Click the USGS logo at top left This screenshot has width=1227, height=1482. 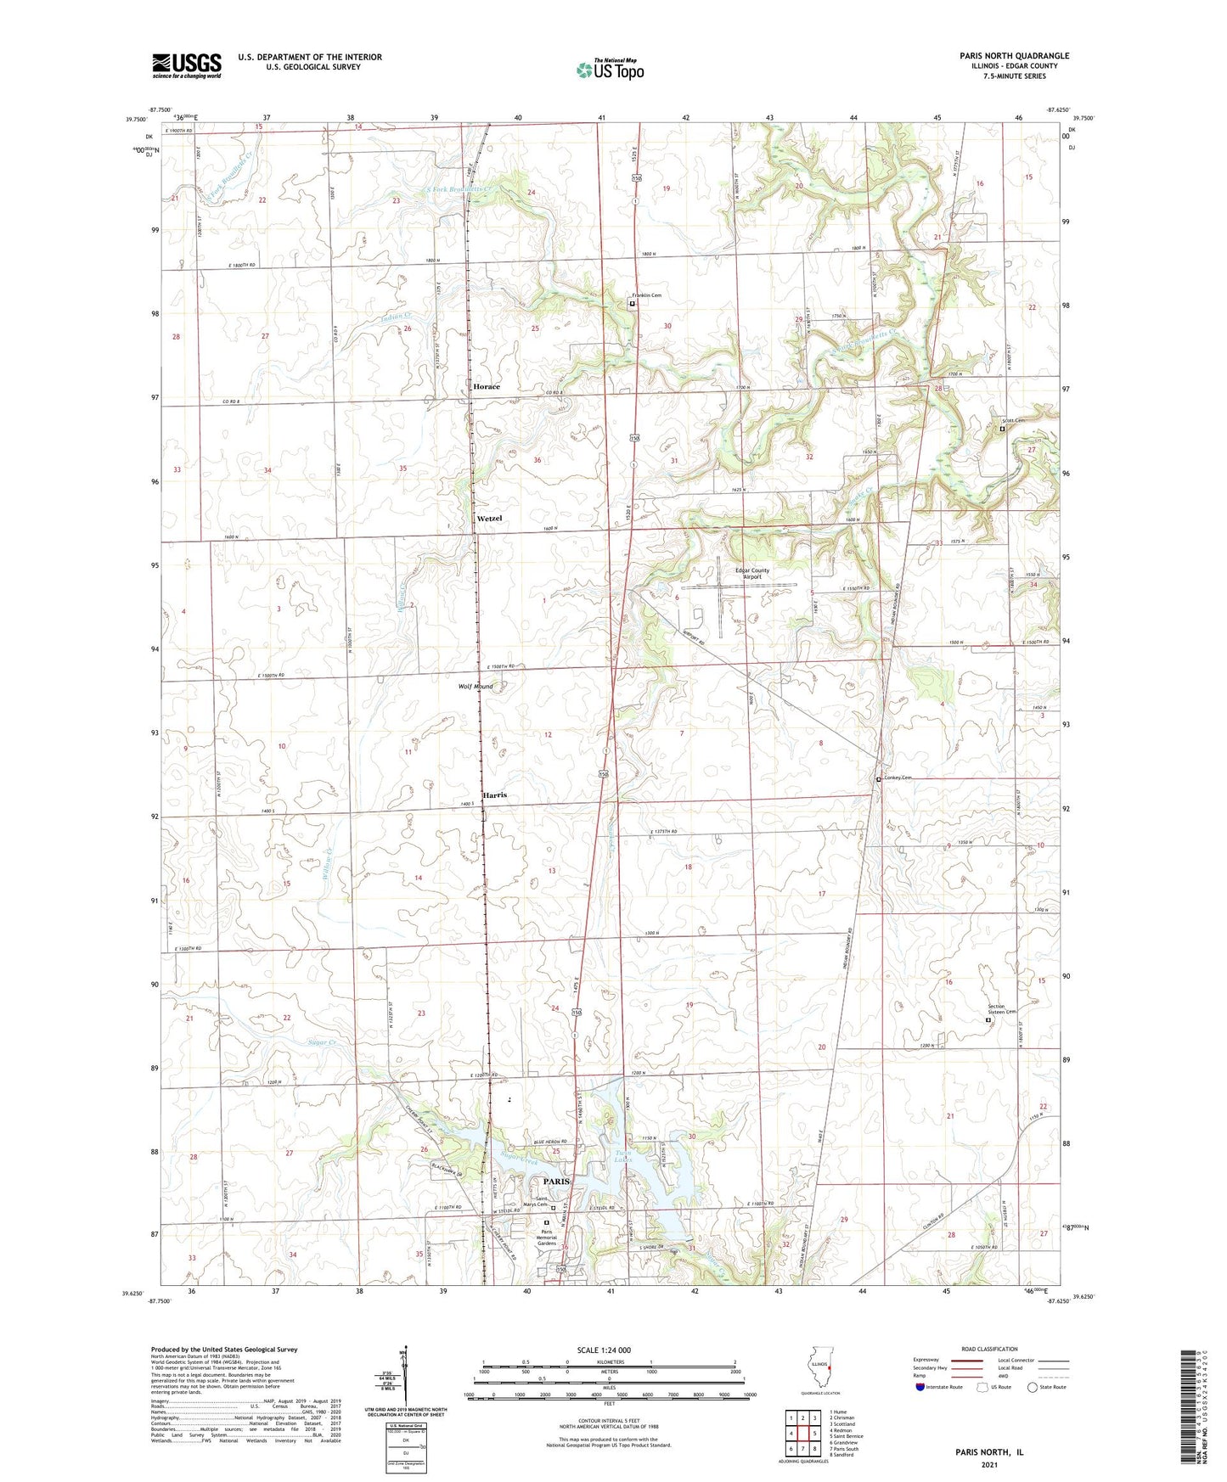coord(186,65)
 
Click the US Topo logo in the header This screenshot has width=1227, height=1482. coord(610,70)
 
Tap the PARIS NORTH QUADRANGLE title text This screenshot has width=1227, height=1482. coord(1014,56)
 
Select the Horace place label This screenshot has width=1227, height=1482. coord(487,386)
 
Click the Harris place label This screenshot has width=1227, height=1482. coord(495,795)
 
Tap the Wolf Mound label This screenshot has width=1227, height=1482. coord(476,686)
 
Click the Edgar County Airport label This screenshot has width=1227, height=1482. coord(751,574)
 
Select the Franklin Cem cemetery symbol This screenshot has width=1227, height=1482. coord(632,301)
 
